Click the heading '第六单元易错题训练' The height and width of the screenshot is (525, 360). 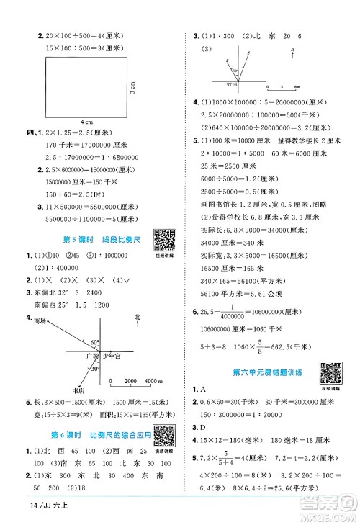pos(268,372)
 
